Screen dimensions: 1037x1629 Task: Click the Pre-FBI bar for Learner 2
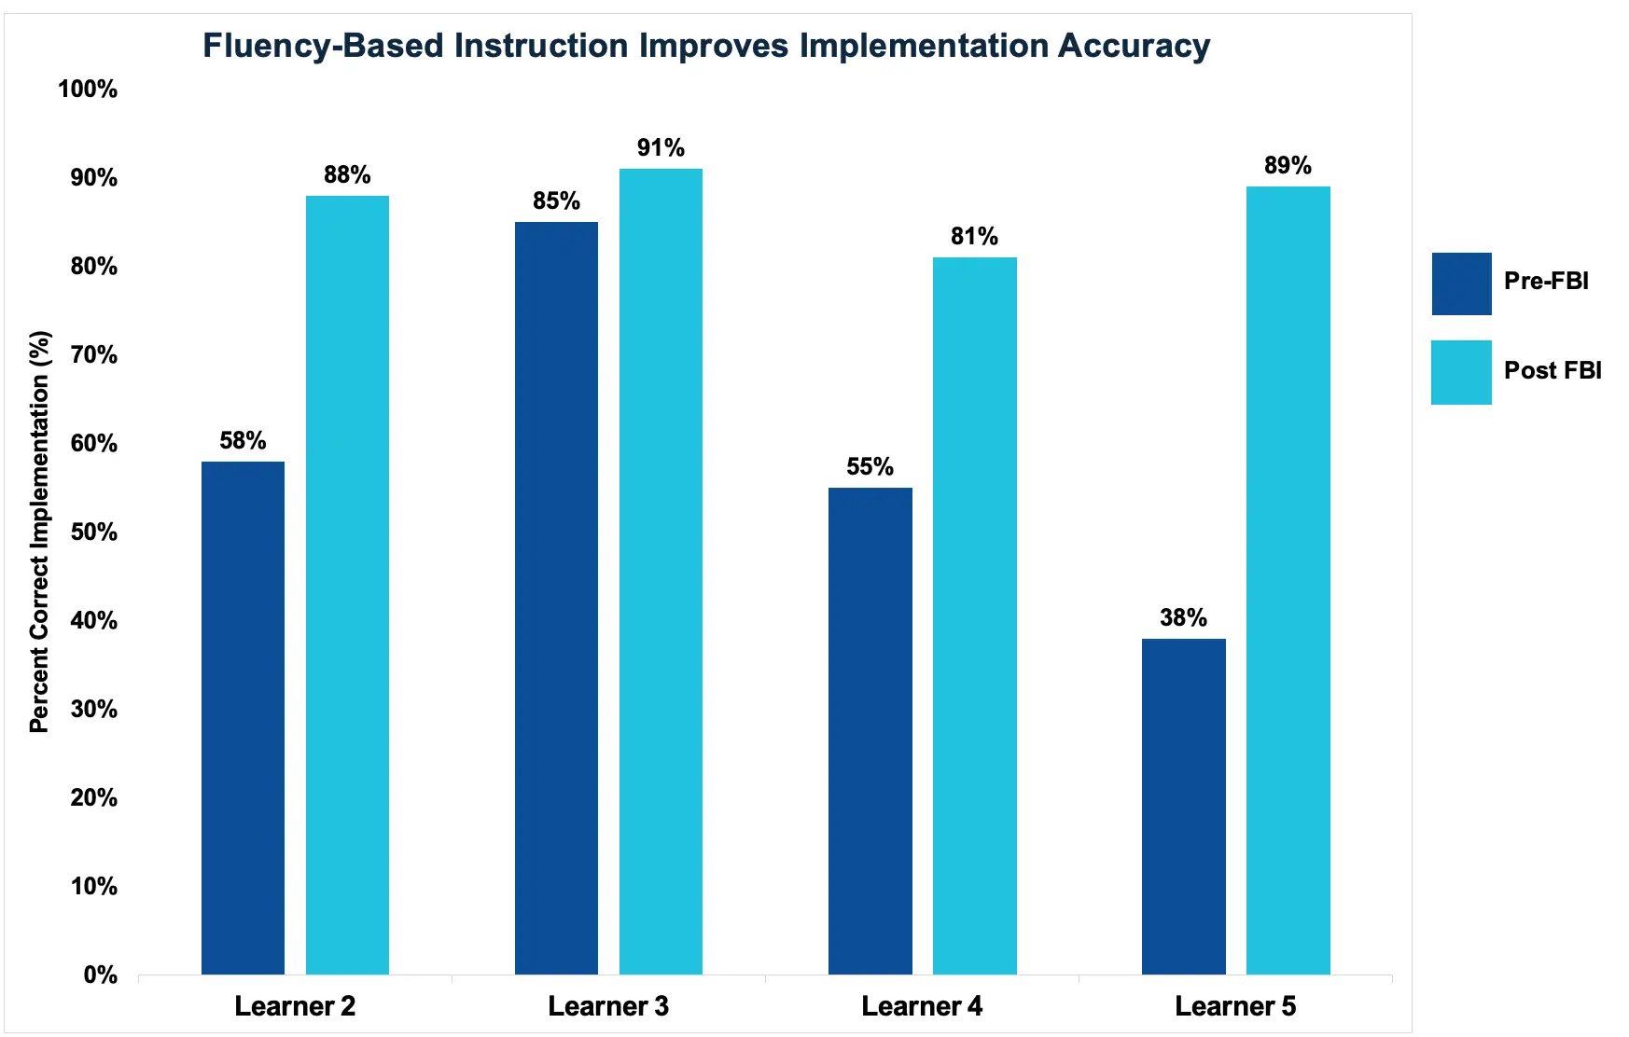[x=243, y=718]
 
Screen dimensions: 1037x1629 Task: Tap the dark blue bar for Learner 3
[x=556, y=598]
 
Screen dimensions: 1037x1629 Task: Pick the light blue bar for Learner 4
[x=974, y=615]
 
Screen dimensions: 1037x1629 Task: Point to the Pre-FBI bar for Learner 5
[x=1183, y=807]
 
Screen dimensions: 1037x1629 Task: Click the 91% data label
[x=661, y=148]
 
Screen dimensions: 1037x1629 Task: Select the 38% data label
[x=1183, y=618]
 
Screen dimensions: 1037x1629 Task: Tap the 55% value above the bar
[x=870, y=467]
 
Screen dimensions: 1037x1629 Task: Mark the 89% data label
[x=1288, y=166]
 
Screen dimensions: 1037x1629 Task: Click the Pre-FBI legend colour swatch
[x=1461, y=283]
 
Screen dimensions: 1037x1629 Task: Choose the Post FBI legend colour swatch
[x=1461, y=372]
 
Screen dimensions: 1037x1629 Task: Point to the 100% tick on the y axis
[x=88, y=90]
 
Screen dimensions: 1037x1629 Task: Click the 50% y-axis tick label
[x=93, y=532]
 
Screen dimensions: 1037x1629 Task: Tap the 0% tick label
[x=100, y=975]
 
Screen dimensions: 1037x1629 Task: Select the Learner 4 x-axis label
[x=922, y=1006]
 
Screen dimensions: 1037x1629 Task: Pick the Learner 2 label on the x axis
[x=295, y=1006]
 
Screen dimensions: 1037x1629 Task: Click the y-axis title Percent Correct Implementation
[x=39, y=532]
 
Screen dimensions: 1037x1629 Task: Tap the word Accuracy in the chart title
[x=1134, y=46]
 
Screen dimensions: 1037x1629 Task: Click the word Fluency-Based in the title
[x=323, y=46]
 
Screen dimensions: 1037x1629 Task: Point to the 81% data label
[x=974, y=237]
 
